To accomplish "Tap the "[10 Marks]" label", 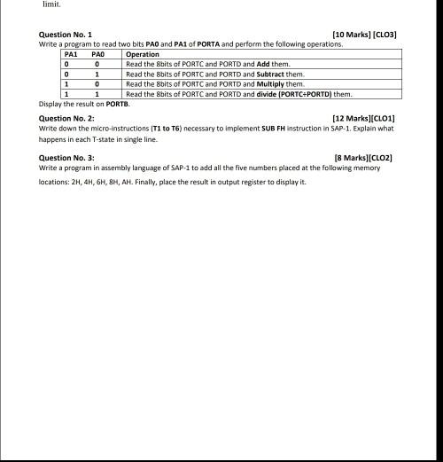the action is point(353,35).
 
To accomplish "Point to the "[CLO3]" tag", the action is point(385,35).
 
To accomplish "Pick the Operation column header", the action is point(143,55).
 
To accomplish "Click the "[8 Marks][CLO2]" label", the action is point(363,158).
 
